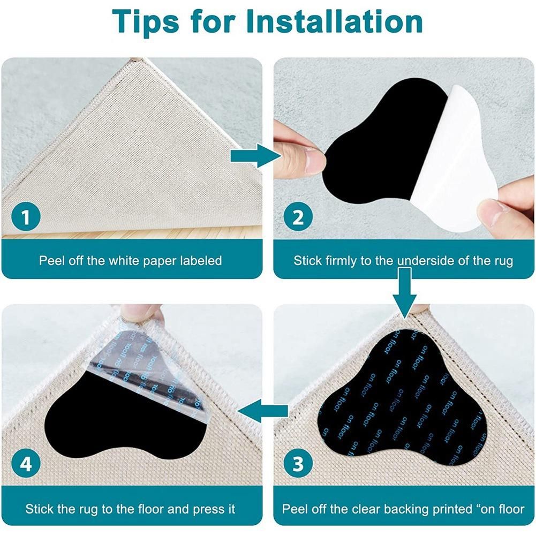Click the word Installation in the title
[x=334, y=21]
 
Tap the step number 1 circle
[x=26, y=217]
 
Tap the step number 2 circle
[x=298, y=217]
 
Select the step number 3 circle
[x=298, y=464]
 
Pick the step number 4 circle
[x=26, y=464]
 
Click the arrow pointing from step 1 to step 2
[x=255, y=155]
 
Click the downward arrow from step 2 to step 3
[x=404, y=293]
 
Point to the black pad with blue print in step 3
[x=403, y=397]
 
